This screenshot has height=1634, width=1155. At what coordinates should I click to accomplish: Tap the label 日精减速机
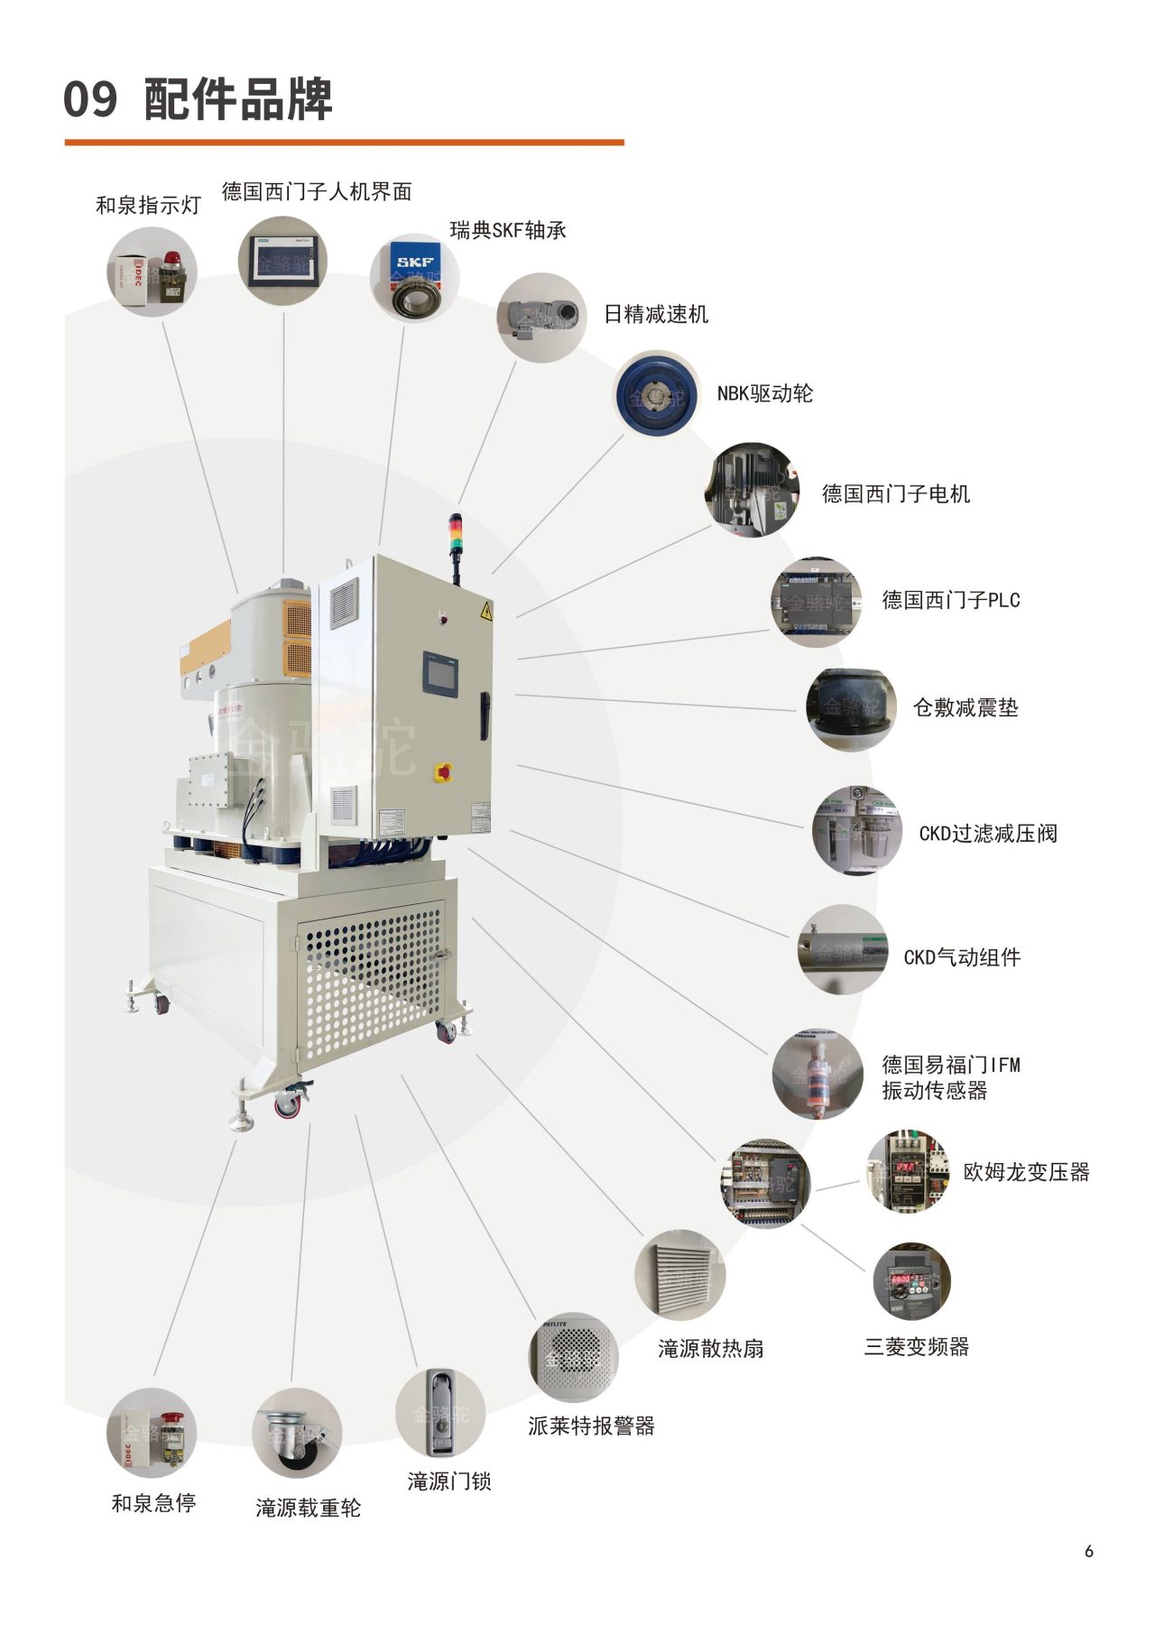coord(656,314)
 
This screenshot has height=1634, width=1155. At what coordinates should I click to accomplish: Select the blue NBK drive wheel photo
coord(656,394)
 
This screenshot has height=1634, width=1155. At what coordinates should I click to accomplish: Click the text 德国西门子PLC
coord(950,600)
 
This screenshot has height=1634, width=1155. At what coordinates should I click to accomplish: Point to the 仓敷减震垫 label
coord(966,708)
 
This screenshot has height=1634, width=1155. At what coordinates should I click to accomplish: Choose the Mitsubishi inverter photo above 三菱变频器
coord(911,1281)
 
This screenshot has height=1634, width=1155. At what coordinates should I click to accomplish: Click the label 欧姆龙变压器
coord(1026,1172)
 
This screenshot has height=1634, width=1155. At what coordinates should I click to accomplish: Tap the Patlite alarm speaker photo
coord(573,1356)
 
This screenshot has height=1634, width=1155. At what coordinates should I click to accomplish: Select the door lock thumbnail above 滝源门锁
coord(439,1413)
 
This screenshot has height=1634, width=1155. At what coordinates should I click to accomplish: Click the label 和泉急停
coord(153,1503)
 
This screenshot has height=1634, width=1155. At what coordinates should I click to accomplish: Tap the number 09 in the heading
coord(90,99)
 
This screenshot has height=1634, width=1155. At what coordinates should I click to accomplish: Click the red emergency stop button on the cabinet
coord(444,772)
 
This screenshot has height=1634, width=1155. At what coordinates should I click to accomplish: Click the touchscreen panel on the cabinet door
coord(440,674)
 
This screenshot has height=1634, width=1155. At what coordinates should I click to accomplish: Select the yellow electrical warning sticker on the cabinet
coord(486,610)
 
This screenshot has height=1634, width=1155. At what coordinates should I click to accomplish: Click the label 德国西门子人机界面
coord(317,191)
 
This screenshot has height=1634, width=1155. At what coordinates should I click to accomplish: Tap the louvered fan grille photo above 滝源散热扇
coord(679,1275)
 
